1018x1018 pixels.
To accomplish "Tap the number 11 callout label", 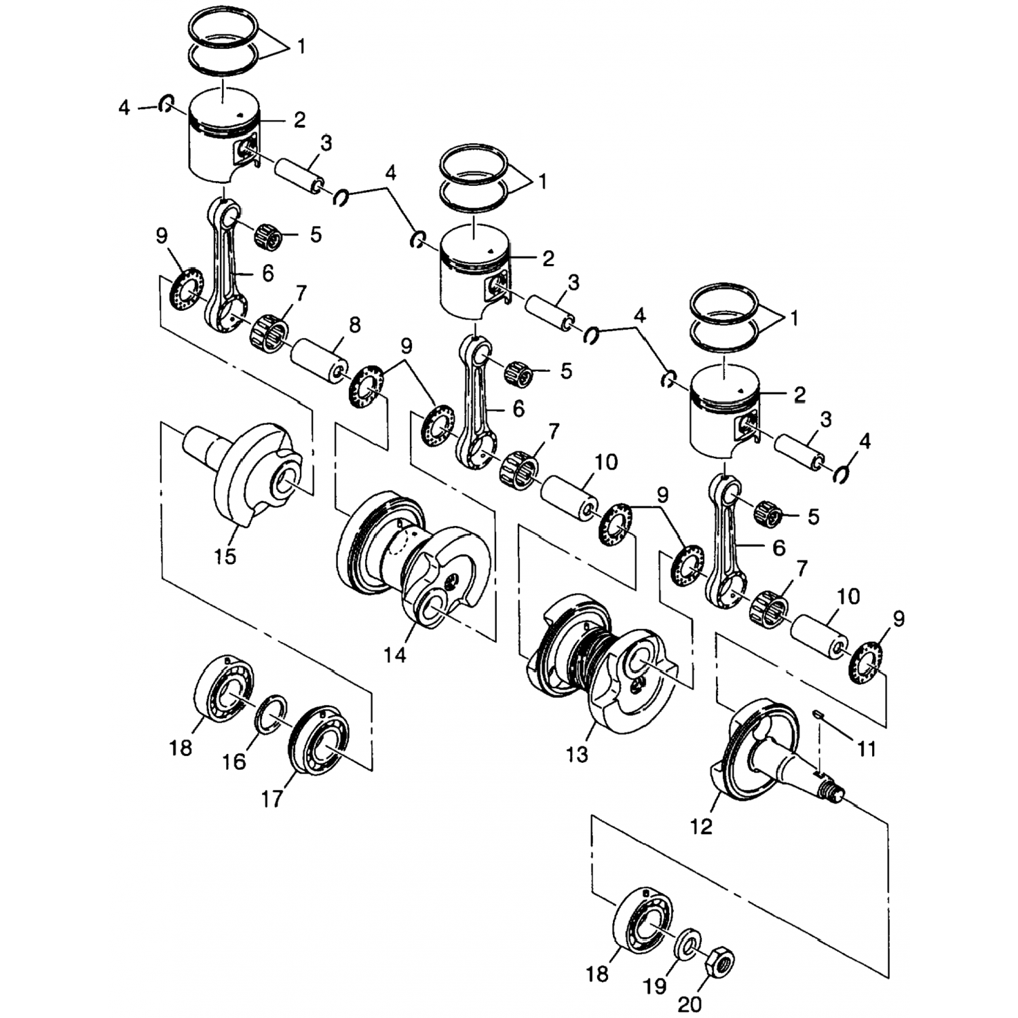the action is tap(867, 749).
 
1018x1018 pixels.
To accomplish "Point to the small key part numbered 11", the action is tap(819, 713).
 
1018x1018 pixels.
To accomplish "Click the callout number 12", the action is tap(702, 827).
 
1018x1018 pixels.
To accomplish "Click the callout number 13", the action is tap(577, 754).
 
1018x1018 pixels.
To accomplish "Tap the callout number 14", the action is tap(395, 655).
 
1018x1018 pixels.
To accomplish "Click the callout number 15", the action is tap(225, 557).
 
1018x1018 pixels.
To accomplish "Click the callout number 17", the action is tap(271, 800).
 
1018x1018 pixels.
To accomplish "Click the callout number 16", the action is tap(233, 761).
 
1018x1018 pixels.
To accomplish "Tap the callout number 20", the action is tap(690, 1002).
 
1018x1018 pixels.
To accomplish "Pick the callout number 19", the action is tap(656, 985).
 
